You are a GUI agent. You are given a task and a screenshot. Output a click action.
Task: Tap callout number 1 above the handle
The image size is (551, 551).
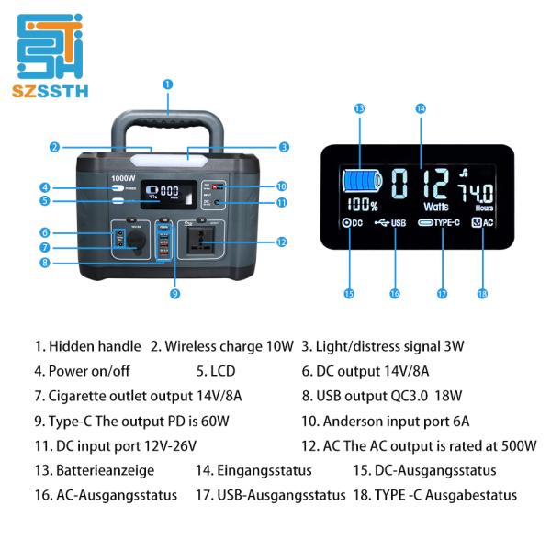(167, 84)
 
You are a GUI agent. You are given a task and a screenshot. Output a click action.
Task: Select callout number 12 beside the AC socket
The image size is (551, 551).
(282, 242)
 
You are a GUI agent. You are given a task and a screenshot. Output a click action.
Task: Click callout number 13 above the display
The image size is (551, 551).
(359, 108)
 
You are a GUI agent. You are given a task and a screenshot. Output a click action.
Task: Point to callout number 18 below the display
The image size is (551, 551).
(481, 294)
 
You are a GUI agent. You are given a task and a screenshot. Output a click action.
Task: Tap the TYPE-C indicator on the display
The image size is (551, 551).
(441, 222)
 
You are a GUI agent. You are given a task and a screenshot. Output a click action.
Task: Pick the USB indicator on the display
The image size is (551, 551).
(392, 222)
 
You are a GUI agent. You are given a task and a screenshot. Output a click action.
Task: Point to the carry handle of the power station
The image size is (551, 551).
(167, 124)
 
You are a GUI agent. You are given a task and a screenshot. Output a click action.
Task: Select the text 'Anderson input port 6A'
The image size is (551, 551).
(396, 422)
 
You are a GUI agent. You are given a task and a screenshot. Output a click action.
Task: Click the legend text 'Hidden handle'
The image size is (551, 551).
(95, 346)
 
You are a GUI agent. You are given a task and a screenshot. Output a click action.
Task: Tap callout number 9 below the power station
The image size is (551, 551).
(174, 294)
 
